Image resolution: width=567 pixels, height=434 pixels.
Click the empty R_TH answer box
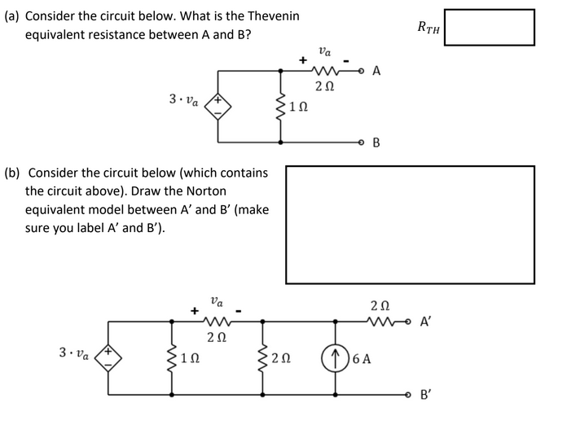[489, 28]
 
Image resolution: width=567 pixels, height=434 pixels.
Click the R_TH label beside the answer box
[428, 28]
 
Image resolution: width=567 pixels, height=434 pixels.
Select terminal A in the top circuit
[376, 71]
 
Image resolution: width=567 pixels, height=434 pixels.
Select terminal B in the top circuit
[376, 143]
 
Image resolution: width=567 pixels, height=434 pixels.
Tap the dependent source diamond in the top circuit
[218, 106]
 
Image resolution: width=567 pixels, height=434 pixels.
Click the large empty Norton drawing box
[410, 225]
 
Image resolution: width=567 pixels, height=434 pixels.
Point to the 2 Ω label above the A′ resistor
[380, 305]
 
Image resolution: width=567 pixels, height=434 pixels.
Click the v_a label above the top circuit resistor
[325, 50]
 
